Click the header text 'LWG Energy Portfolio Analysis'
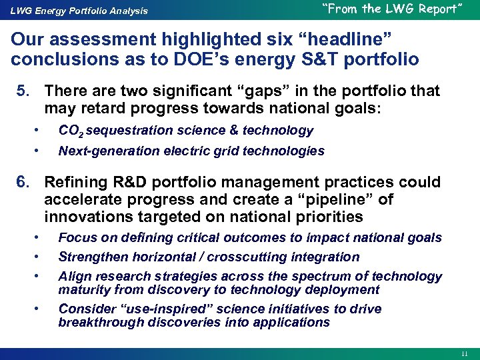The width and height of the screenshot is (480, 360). click(79, 11)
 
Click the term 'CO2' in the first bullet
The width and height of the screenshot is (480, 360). click(71, 131)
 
